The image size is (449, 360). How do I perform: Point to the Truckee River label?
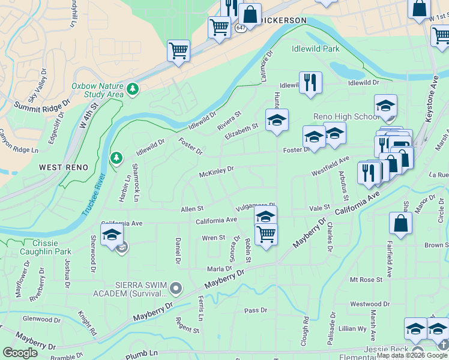click(x=92, y=195)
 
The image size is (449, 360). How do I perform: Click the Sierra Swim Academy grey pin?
click(x=176, y=290)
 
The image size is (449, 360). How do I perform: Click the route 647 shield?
click(x=240, y=28)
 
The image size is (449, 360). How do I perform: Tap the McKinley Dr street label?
click(x=216, y=172)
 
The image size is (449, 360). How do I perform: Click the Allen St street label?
click(x=193, y=209)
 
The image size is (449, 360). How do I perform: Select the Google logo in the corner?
click(x=20, y=353)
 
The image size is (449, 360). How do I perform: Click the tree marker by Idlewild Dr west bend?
click(x=116, y=158)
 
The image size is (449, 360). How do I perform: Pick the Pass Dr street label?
click(x=255, y=310)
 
